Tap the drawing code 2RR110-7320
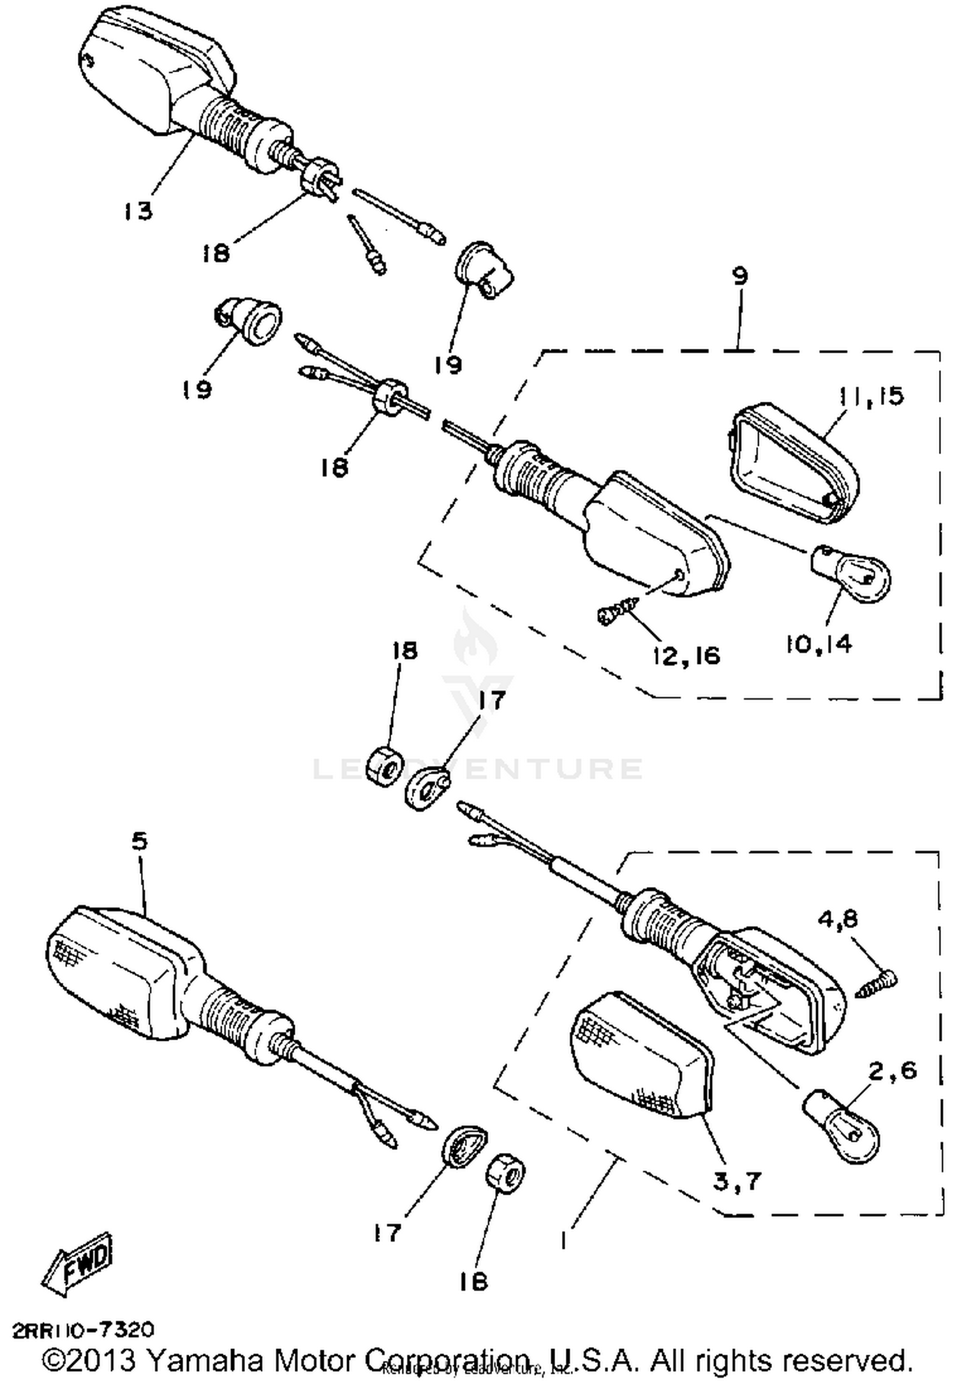tap(84, 1330)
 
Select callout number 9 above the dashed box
tap(739, 276)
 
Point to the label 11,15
tap(872, 396)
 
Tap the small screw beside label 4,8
tap(877, 985)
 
